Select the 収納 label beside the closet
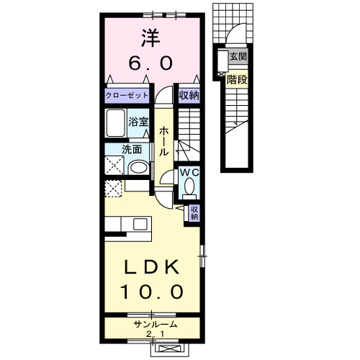[x=189, y=95]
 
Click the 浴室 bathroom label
[x=138, y=123]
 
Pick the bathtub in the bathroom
[x=116, y=125]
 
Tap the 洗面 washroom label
[x=130, y=150]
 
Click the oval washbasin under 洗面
[x=139, y=168]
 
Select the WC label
[x=189, y=173]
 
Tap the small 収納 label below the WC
[x=194, y=212]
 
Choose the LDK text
[x=152, y=266]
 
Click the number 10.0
[x=152, y=292]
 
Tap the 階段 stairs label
[x=238, y=80]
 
